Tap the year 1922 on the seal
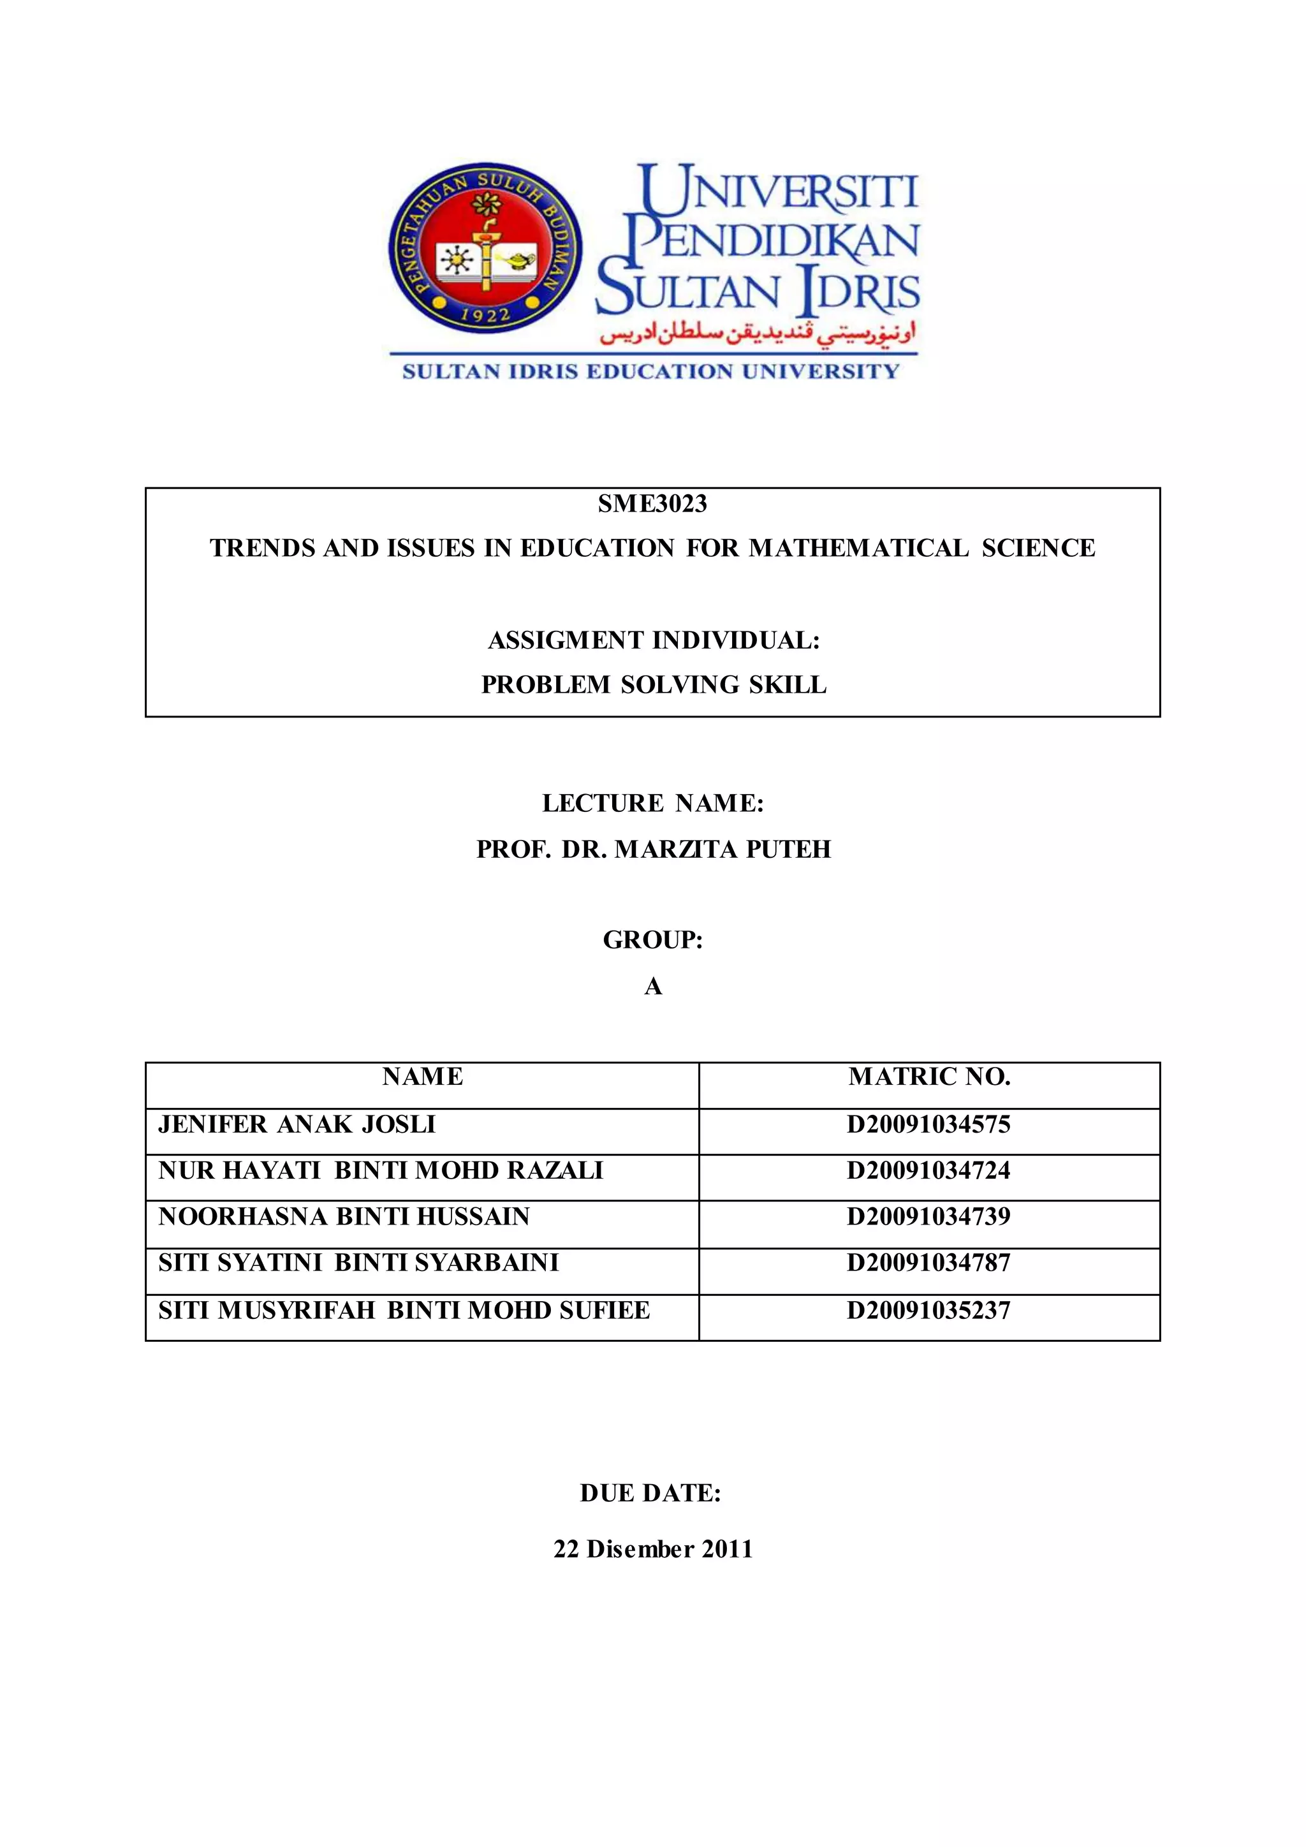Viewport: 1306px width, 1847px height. pos(486,314)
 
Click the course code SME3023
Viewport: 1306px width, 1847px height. pos(652,504)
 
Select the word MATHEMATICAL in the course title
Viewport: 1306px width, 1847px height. pos(859,548)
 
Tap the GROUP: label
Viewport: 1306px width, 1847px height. pos(652,939)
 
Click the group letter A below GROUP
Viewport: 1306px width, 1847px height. pos(652,986)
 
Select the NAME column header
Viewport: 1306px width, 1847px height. pos(422,1077)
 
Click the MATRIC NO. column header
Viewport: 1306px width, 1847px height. pos(929,1077)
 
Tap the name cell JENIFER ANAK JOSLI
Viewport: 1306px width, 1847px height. pos(297,1124)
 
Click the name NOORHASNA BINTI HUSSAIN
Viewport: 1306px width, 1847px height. pos(344,1216)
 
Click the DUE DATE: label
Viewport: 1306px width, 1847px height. pos(650,1493)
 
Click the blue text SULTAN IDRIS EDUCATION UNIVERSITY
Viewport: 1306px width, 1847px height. pos(650,372)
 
